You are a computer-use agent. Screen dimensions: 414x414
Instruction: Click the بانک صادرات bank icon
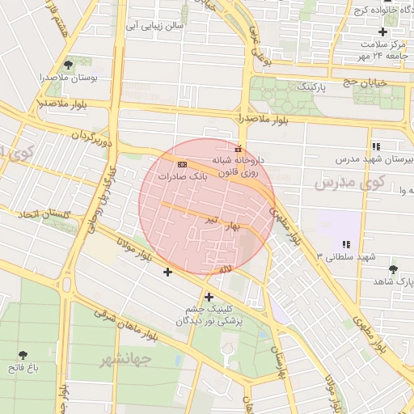point(181,163)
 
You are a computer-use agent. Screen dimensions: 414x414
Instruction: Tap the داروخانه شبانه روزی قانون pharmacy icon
point(237,149)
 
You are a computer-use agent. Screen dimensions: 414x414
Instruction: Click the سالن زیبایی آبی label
point(163,25)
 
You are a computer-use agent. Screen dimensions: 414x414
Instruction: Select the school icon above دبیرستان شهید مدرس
point(376,146)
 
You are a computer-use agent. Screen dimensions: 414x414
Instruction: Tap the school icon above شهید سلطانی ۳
point(346,243)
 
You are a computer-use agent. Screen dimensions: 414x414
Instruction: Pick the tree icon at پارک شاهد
point(393,268)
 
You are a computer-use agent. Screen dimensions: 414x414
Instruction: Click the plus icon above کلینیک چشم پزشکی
point(209,297)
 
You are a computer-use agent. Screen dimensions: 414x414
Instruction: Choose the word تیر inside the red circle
point(210,219)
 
